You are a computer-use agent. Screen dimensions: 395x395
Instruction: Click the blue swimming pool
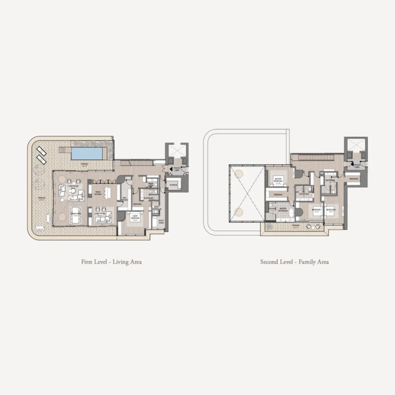point(86,154)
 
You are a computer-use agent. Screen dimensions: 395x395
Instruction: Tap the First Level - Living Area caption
point(111,262)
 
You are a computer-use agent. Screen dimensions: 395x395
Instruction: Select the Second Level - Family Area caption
point(294,262)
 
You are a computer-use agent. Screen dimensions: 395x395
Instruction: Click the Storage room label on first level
point(174,185)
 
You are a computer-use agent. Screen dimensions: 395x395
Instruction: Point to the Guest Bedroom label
point(135,217)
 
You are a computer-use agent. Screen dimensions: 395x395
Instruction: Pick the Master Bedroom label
point(278,180)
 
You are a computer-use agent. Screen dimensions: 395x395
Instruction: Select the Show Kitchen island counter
point(107,192)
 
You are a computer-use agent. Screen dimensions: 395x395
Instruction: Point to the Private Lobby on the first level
point(176,169)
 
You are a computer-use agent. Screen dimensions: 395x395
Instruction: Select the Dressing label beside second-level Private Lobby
point(354,178)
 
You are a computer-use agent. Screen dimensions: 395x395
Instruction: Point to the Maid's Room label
point(161,221)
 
